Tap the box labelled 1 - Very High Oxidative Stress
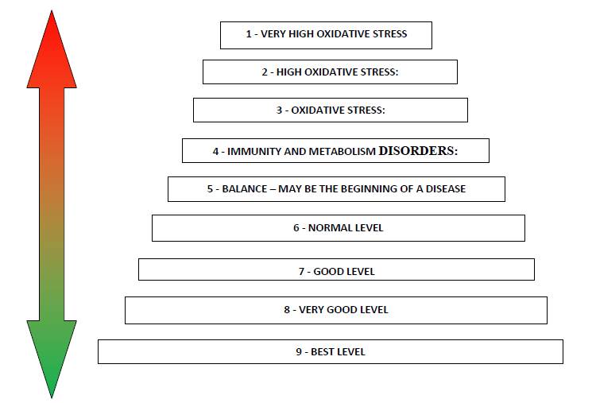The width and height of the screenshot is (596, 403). [326, 35]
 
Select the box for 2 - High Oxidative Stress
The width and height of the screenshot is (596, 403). [330, 72]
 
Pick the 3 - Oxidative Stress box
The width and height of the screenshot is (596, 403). [331, 110]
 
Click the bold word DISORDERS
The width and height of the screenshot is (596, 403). [416, 151]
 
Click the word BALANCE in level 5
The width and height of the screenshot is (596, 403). [245, 189]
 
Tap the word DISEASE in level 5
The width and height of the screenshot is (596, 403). [446, 189]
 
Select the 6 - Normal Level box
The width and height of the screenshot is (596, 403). [339, 228]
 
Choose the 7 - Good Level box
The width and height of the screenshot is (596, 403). [336, 269]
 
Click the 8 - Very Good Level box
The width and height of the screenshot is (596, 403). [336, 310]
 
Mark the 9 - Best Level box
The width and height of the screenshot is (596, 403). [331, 351]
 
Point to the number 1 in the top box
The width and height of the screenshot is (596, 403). [249, 34]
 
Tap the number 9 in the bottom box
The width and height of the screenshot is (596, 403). [299, 352]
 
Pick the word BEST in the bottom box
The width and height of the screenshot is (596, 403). [322, 352]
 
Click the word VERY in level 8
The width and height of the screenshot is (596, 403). [311, 310]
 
